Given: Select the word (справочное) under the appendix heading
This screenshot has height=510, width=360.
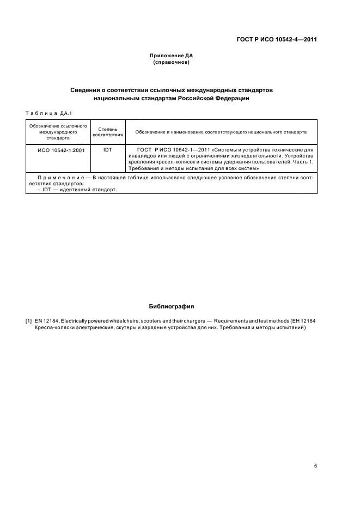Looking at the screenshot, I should click(171, 63).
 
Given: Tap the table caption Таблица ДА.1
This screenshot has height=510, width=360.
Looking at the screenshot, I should click(48, 113).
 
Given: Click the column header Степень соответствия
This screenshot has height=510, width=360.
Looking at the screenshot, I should click(107, 131).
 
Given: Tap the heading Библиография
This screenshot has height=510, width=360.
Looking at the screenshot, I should click(171, 306).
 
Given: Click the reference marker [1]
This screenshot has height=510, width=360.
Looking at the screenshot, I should click(29, 321).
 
